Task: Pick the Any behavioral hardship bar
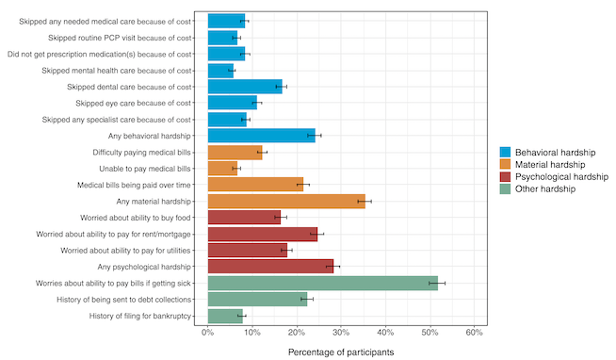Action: click(x=261, y=136)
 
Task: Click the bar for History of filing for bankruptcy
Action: click(x=225, y=316)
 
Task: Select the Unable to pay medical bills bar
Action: click(x=222, y=169)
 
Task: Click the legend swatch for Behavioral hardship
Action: click(x=506, y=152)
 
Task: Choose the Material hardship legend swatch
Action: click(x=506, y=164)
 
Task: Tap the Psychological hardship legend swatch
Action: click(x=506, y=176)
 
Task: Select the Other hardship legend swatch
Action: click(x=506, y=188)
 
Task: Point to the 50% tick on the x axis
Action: click(x=430, y=333)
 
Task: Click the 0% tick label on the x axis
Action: click(x=208, y=333)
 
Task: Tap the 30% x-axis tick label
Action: click(x=341, y=333)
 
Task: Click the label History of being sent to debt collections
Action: click(x=121, y=300)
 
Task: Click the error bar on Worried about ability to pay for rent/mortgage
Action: click(x=317, y=234)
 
